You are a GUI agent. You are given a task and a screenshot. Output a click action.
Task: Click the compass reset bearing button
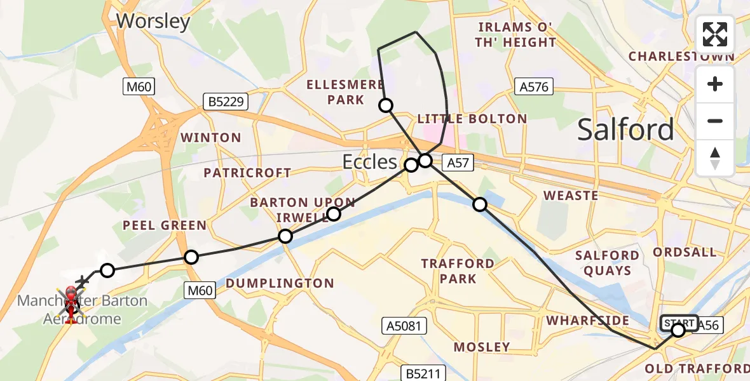pos(715,158)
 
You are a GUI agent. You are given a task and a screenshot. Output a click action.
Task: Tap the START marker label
pos(679,323)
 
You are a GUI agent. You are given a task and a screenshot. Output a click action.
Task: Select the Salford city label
pos(625,130)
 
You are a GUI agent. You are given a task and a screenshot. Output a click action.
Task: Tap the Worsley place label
pos(153,22)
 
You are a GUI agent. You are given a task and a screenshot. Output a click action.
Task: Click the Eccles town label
pos(369,161)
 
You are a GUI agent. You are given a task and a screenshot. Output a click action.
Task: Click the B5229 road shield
pos(225,101)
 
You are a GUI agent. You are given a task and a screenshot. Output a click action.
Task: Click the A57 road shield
pos(458,163)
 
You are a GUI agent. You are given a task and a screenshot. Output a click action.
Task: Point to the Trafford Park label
pos(458,271)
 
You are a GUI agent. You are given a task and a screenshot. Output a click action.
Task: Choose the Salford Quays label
pos(607,263)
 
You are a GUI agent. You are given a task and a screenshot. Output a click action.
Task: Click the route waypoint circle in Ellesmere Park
pos(386,105)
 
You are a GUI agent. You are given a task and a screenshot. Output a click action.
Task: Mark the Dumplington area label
pos(280,283)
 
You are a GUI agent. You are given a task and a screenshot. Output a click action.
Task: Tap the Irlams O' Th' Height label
pos(517,36)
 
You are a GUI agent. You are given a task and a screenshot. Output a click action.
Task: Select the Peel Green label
pos(165,225)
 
